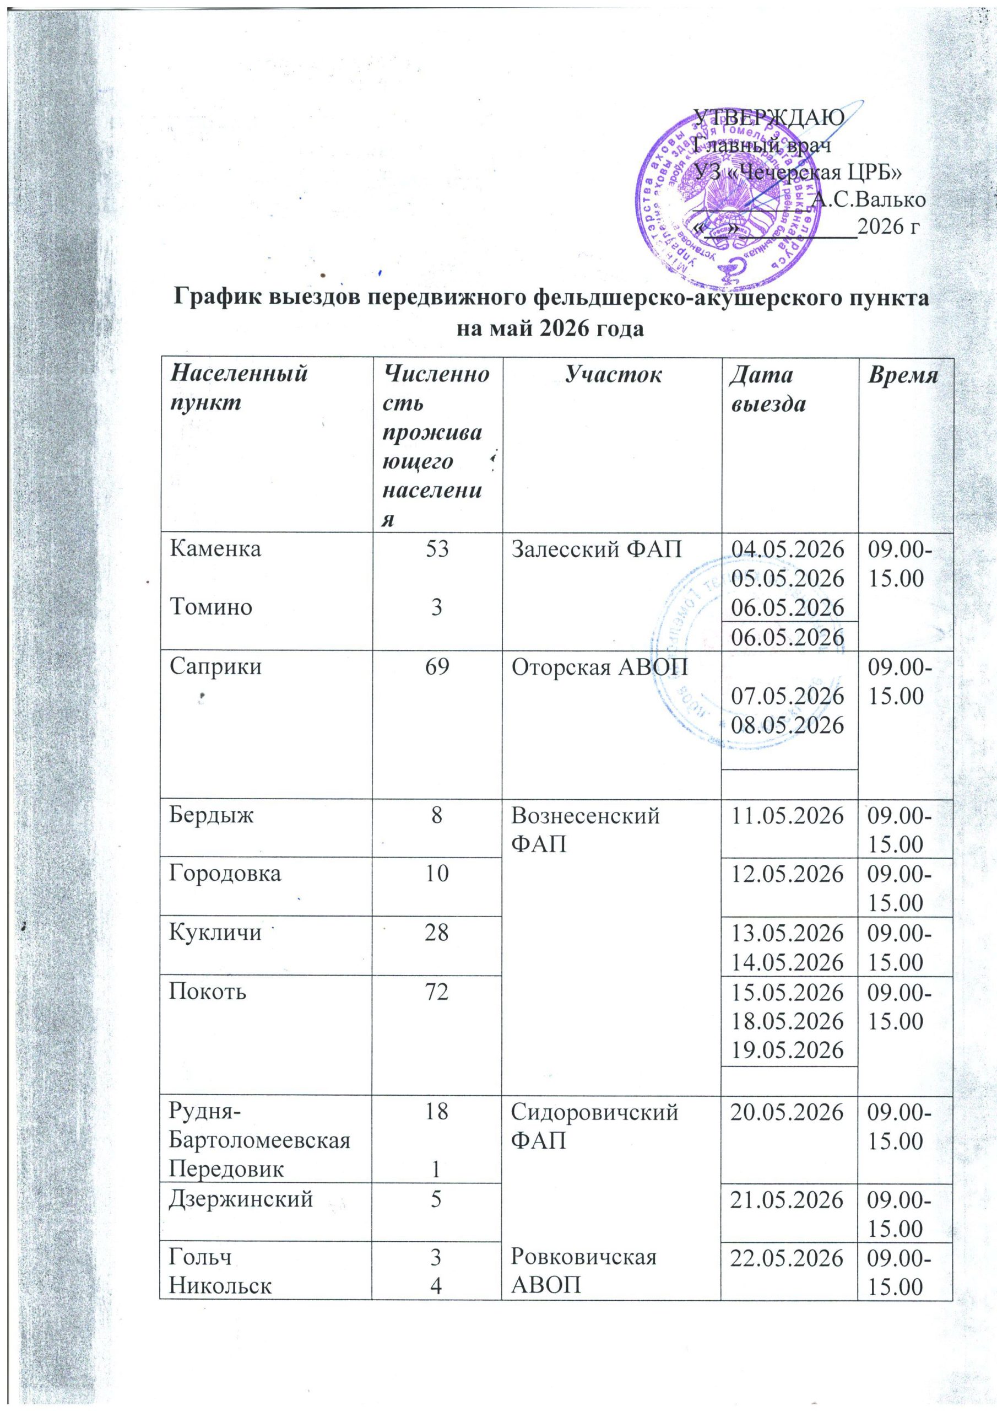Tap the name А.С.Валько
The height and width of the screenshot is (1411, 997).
[868, 199]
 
